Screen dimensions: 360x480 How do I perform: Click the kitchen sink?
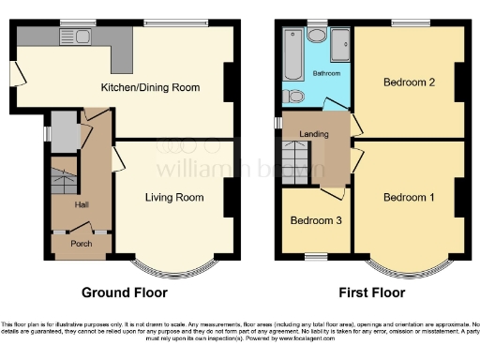click(71, 37)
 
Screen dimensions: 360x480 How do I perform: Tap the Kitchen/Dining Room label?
click(150, 87)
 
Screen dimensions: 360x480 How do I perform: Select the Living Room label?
click(173, 198)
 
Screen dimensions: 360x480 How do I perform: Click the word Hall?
click(82, 204)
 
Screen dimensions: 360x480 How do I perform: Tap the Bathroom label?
click(325, 73)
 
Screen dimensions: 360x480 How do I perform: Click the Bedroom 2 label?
click(409, 82)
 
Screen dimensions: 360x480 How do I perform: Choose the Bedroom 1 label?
click(409, 197)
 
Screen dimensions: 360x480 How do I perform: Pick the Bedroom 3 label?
click(314, 221)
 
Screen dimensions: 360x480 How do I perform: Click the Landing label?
click(313, 134)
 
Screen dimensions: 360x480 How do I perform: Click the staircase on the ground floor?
click(62, 179)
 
